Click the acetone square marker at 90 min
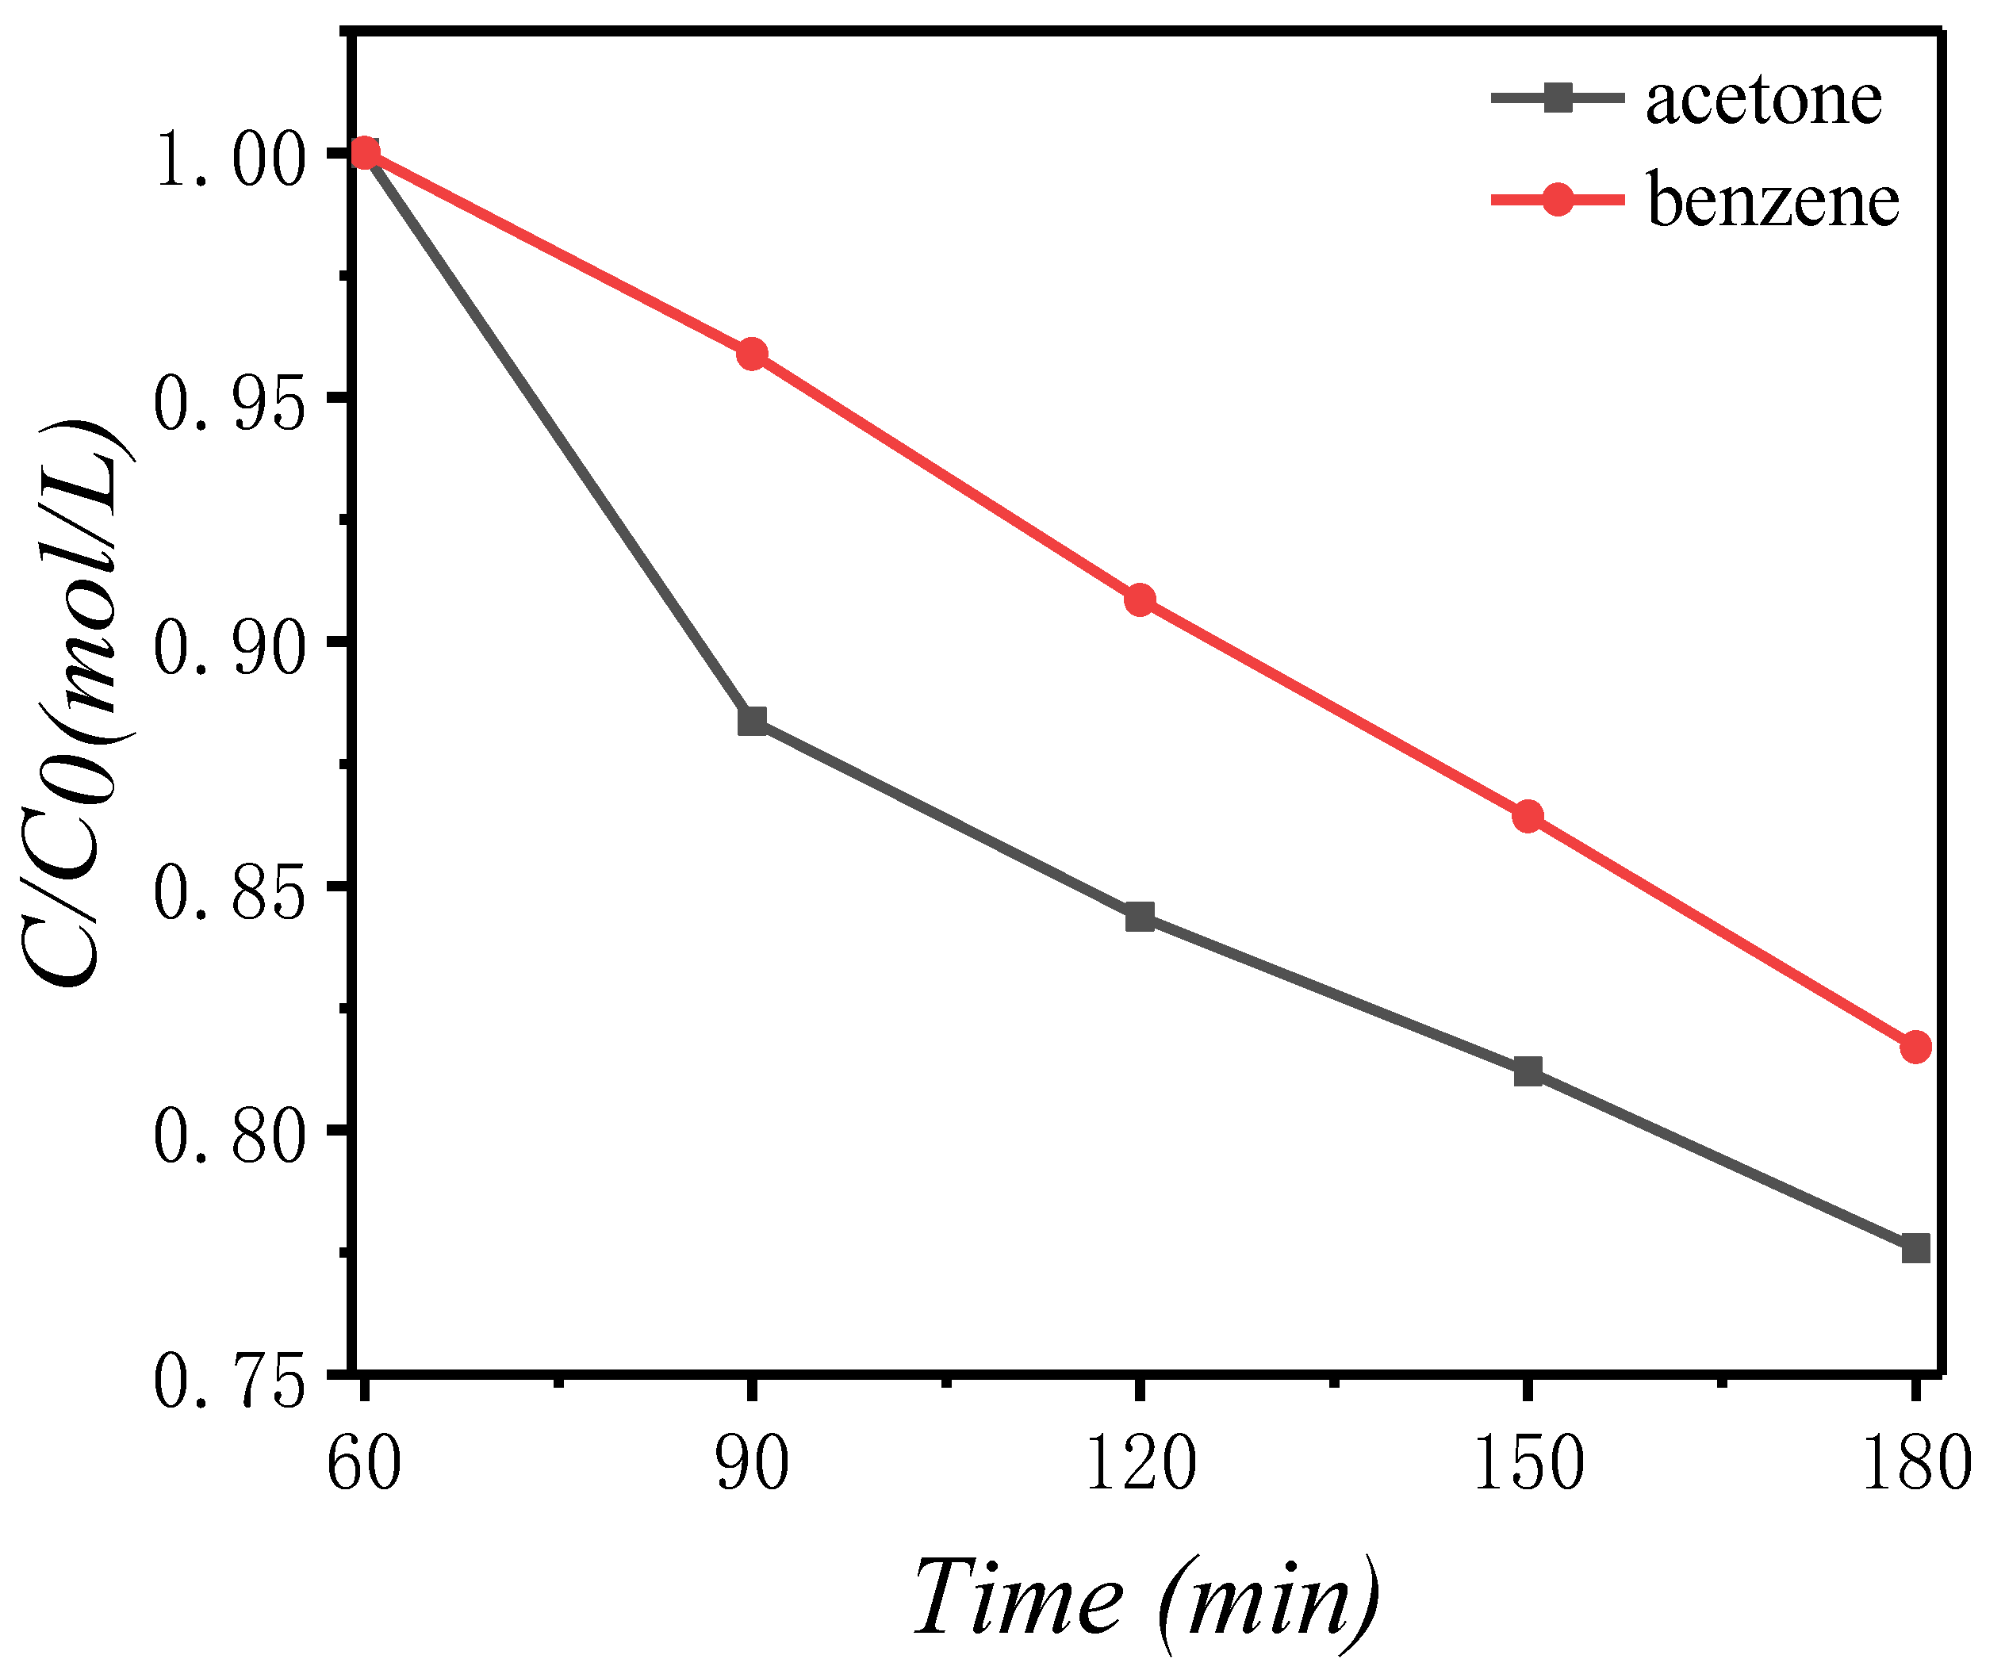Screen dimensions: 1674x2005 pos(753,721)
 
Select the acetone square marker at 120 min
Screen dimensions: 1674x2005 pos(1140,917)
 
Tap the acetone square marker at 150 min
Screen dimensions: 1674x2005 pos(1528,1072)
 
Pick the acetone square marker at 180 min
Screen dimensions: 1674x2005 pos(1915,1248)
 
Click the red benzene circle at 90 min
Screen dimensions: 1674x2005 pos(753,354)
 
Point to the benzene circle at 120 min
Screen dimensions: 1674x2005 pos(1140,600)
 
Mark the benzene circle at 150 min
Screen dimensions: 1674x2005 pos(1528,816)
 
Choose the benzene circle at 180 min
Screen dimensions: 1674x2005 pos(1915,1047)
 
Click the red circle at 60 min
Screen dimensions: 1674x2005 pos(364,153)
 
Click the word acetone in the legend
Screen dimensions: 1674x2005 pos(1762,99)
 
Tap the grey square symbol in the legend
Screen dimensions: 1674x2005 pos(1557,98)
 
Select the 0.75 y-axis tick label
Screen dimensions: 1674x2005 pos(229,1384)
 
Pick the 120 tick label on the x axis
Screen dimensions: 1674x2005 pos(1140,1465)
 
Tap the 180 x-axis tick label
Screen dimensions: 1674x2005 pos(1915,1465)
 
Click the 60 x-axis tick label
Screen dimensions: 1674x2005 pos(364,1465)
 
